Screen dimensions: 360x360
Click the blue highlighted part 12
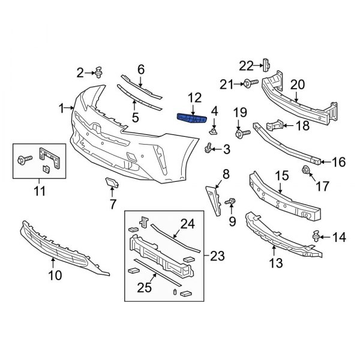pos(193,119)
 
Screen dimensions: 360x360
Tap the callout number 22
pos(247,65)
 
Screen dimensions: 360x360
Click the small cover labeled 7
pos(111,184)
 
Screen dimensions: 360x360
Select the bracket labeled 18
pos(274,127)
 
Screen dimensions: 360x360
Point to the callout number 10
pos(55,277)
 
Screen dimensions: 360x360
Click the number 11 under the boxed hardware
pos(40,192)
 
